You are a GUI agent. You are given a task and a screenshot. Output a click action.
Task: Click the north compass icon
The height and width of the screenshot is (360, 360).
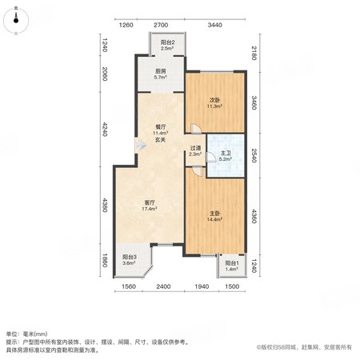[x=16, y=21]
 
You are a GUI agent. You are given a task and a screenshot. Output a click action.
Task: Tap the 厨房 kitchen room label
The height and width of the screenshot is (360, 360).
[x=161, y=71]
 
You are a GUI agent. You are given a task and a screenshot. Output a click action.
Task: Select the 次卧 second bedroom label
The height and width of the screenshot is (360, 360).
[x=214, y=100]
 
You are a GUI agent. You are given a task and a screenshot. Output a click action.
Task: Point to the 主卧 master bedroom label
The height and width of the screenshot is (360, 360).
[x=214, y=214]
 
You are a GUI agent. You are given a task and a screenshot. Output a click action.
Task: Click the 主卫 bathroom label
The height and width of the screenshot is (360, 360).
[x=226, y=153]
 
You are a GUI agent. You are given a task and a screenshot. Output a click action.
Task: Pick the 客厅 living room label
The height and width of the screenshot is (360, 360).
[x=149, y=203]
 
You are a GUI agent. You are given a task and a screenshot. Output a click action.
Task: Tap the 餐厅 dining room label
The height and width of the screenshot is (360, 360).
[x=161, y=127]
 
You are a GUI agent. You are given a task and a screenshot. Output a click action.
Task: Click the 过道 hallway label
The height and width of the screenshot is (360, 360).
[x=195, y=148]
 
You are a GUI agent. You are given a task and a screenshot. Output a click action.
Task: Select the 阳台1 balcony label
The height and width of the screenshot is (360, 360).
[x=232, y=263]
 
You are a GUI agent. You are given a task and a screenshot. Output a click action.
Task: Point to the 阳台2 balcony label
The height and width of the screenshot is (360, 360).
[x=168, y=42]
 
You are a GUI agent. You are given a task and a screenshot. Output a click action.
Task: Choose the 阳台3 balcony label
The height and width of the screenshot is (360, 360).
[x=130, y=257]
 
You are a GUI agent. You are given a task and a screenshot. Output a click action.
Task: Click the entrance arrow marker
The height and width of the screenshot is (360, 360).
[x=141, y=146]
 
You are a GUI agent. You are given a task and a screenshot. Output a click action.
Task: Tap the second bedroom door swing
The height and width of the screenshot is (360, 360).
[x=196, y=129]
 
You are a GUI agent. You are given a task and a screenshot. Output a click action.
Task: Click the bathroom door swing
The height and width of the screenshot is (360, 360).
[x=211, y=157]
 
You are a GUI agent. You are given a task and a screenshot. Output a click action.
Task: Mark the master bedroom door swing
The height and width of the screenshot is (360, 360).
[x=198, y=171]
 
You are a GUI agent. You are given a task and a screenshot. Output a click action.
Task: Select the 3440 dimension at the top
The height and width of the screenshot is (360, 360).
[x=214, y=25]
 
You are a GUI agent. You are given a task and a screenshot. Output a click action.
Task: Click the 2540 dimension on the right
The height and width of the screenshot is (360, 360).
[x=254, y=155]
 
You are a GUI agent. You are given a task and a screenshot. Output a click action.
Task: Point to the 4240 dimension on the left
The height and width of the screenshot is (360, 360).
[x=105, y=130]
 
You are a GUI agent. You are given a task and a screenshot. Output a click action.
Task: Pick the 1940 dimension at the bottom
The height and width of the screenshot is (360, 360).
[x=202, y=286]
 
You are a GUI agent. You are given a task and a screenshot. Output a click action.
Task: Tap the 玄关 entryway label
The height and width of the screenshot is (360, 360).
[x=161, y=139]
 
